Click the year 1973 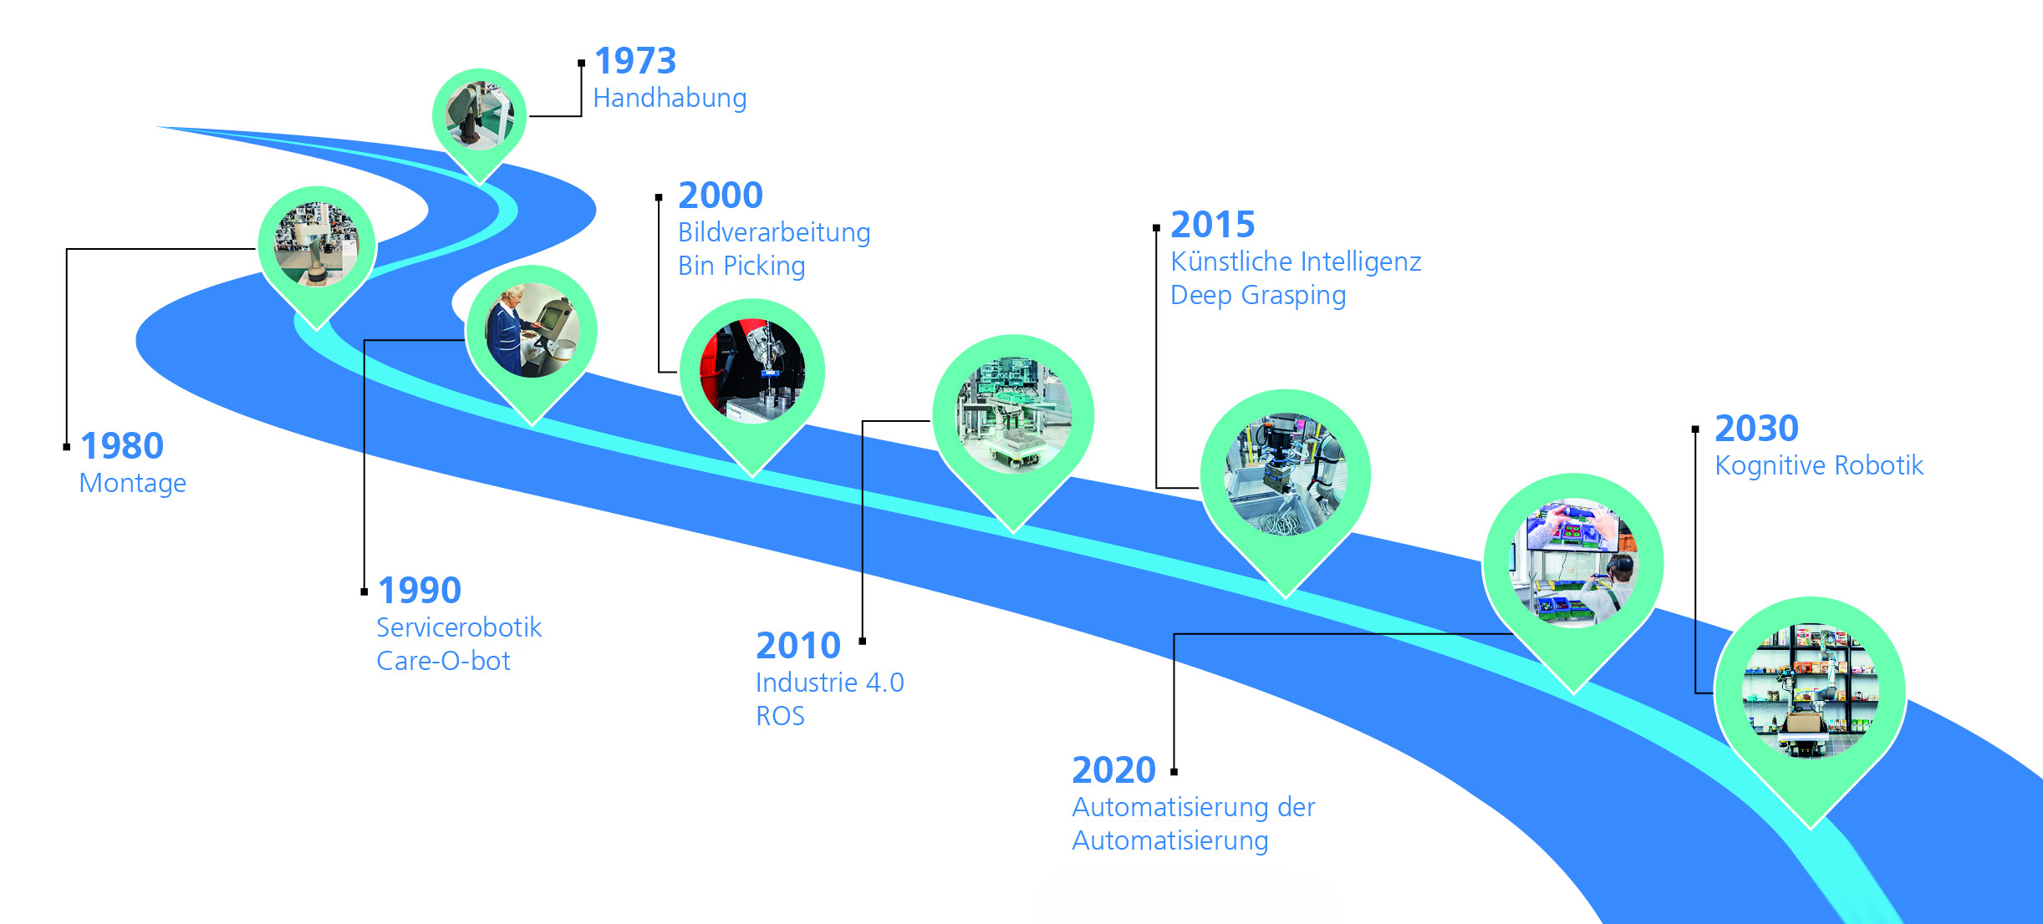[x=635, y=61]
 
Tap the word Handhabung [x=670, y=99]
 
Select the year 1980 [x=122, y=446]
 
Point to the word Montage [x=133, y=484]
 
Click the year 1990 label [x=420, y=591]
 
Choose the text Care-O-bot [x=443, y=661]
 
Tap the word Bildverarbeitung [x=774, y=232]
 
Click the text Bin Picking [x=741, y=267]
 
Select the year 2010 [x=798, y=646]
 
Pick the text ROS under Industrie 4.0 [x=780, y=716]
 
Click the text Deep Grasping [x=1258, y=296]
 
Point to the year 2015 [x=1213, y=225]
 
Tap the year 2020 [x=1113, y=770]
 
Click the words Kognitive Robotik [x=1819, y=465]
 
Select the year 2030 [x=1756, y=429]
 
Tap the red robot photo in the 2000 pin [x=752, y=371]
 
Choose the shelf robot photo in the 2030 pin [x=1810, y=691]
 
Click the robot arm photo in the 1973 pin [x=480, y=115]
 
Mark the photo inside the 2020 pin [x=1573, y=561]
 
